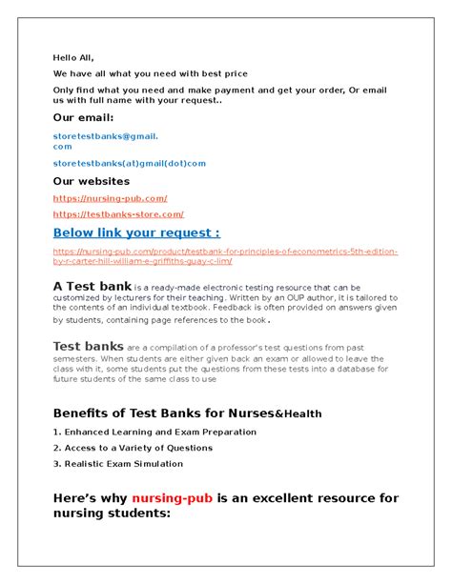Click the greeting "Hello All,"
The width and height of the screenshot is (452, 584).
click(73, 57)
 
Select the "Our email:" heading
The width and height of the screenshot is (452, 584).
click(83, 117)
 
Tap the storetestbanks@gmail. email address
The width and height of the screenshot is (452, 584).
click(105, 137)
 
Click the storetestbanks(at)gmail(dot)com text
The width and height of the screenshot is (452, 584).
click(129, 163)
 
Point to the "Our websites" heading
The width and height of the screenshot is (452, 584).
click(92, 181)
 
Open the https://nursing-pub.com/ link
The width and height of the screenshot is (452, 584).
click(110, 198)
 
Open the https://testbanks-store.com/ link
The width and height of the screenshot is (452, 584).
click(118, 214)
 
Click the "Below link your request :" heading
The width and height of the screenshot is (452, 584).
click(136, 232)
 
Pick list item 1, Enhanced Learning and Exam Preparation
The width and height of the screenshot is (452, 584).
click(154, 432)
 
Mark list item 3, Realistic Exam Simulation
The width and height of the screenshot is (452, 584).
click(118, 464)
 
